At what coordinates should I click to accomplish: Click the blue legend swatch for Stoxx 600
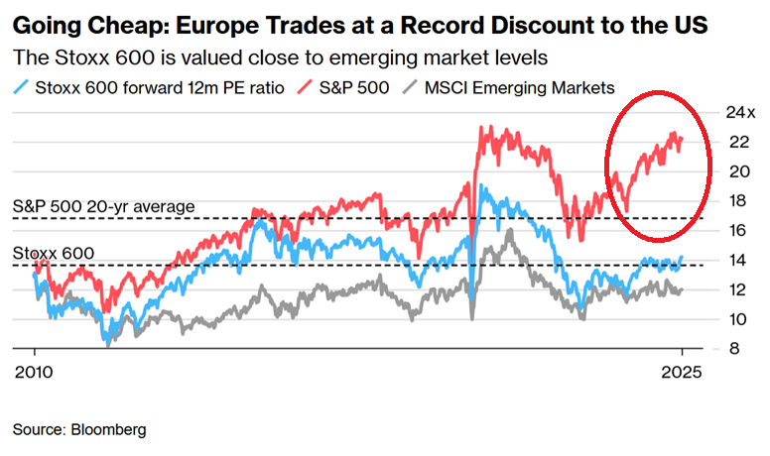coord(23,88)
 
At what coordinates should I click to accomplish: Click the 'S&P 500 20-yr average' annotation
coord(104,206)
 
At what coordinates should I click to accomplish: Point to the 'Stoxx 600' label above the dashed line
coord(54,253)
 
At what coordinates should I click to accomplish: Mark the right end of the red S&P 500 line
coord(683,139)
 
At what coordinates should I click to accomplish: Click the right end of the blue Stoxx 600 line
coord(683,257)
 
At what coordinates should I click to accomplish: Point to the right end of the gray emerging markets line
coord(683,289)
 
